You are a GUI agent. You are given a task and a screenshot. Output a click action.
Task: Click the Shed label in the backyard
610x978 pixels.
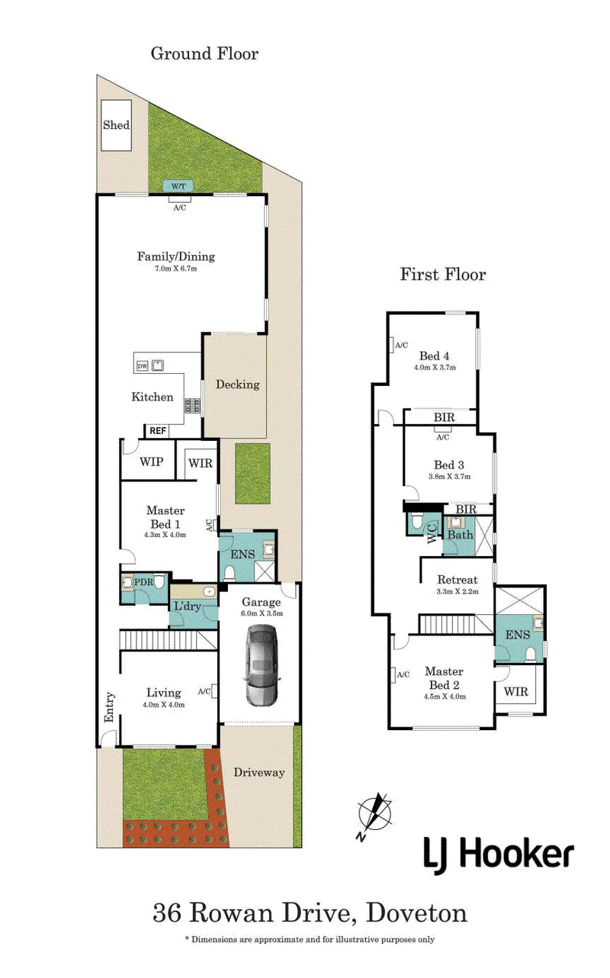click(116, 125)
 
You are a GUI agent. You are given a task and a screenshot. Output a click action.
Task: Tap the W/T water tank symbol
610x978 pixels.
click(178, 186)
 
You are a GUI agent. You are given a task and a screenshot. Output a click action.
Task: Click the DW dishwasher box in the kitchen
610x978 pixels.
click(143, 366)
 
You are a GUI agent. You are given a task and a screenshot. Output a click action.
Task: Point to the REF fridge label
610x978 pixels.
click(158, 431)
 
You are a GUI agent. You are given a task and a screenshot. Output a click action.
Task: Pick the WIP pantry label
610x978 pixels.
click(152, 462)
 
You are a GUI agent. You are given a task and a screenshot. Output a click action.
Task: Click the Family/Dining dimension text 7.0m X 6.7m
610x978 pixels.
click(176, 269)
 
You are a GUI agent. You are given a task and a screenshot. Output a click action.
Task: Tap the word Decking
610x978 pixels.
click(238, 384)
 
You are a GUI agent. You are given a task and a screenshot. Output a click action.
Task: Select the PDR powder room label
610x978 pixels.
click(143, 582)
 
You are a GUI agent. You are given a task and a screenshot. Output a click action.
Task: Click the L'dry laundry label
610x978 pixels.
click(188, 606)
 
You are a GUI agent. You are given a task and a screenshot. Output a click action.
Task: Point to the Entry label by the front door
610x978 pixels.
click(109, 707)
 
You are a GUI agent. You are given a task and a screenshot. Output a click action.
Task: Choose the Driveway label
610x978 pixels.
click(259, 772)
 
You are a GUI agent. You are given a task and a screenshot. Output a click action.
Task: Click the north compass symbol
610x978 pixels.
click(374, 815)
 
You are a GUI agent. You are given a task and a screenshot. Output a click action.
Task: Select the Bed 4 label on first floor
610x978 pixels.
click(434, 355)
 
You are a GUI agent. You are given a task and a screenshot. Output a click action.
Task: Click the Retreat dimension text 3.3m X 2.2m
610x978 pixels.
click(457, 591)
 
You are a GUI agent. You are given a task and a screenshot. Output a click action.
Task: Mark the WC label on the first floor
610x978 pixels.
click(432, 533)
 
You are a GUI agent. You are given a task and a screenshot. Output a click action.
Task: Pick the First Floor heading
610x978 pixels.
click(443, 275)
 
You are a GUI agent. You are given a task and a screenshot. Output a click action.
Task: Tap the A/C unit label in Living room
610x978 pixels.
click(204, 691)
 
